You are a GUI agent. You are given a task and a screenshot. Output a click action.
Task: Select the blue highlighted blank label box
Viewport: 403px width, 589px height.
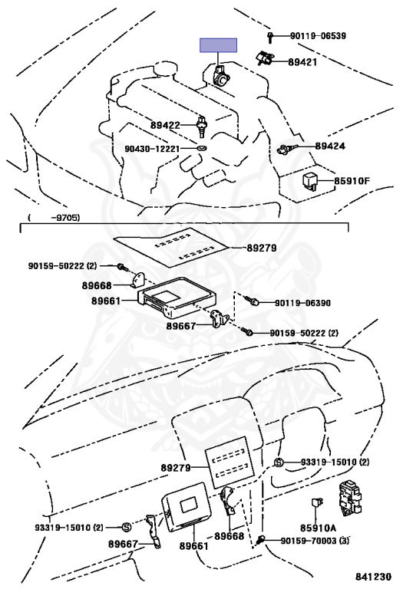pyautogui.click(x=219, y=44)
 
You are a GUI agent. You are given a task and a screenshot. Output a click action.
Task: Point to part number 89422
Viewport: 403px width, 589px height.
pyautogui.click(x=164, y=125)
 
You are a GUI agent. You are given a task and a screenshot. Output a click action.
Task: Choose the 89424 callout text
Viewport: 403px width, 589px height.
pyautogui.click(x=331, y=145)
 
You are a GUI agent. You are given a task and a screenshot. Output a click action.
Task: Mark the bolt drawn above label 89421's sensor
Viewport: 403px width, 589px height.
pyautogui.click(x=272, y=36)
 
